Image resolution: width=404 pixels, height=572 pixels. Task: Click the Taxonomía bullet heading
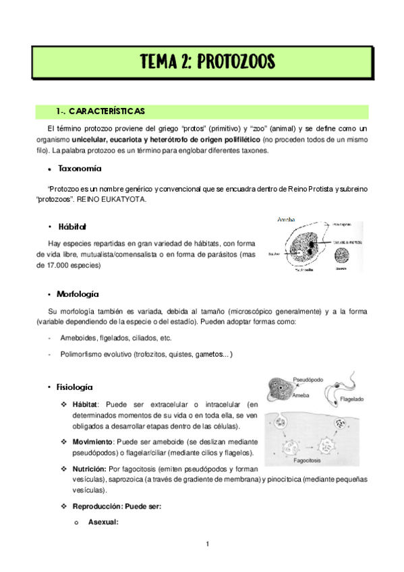click(80, 168)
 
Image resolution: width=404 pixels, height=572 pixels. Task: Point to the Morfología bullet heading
click(78, 294)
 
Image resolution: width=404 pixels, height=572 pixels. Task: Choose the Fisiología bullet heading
click(75, 387)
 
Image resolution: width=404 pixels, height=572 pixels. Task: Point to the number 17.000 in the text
click(71, 266)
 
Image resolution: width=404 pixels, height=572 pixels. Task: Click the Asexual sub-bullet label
click(103, 521)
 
